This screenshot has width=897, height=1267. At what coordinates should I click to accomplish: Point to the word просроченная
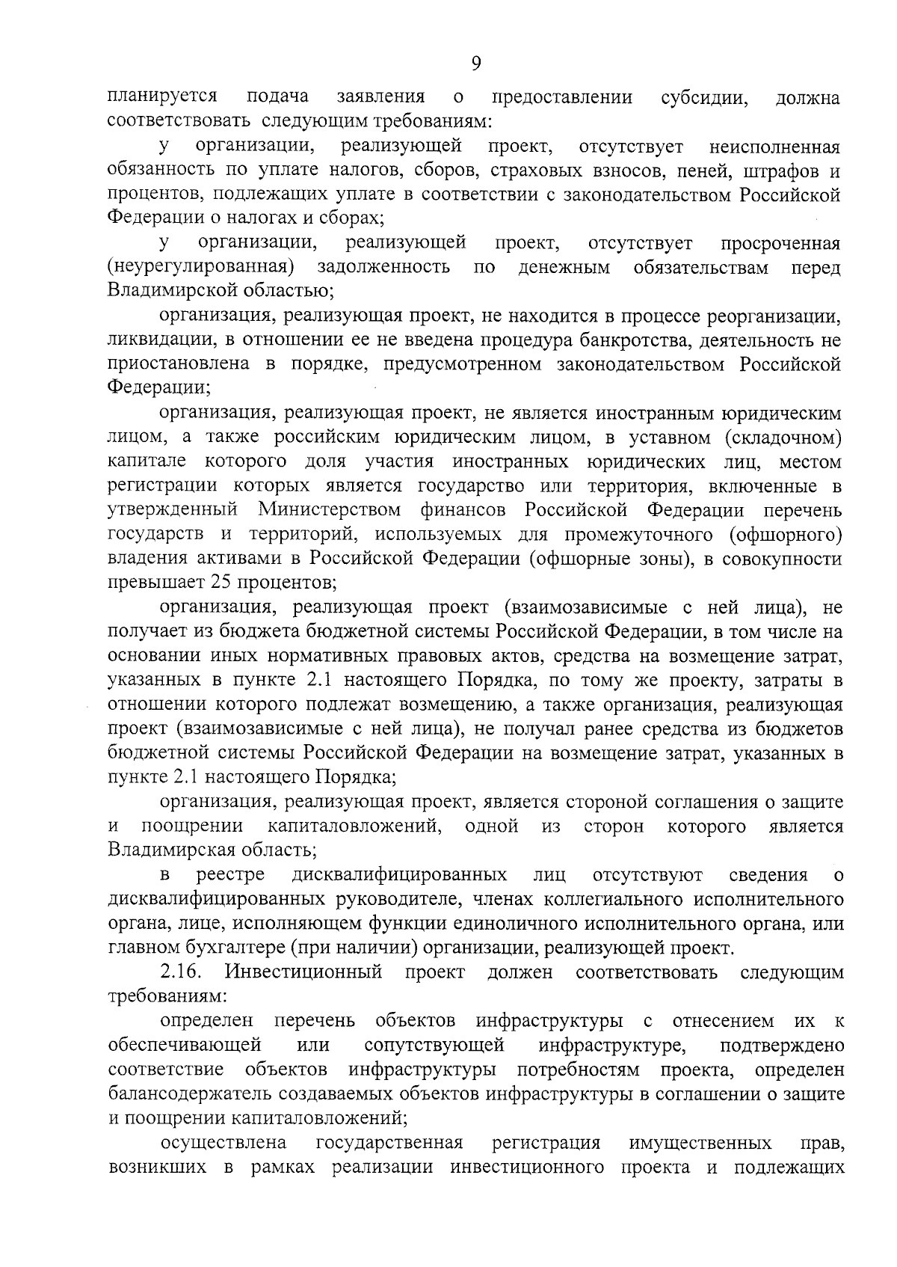point(780,243)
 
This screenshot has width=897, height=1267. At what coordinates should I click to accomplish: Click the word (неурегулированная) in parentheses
point(199,267)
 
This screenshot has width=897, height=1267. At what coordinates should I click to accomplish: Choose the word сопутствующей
point(434,1045)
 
